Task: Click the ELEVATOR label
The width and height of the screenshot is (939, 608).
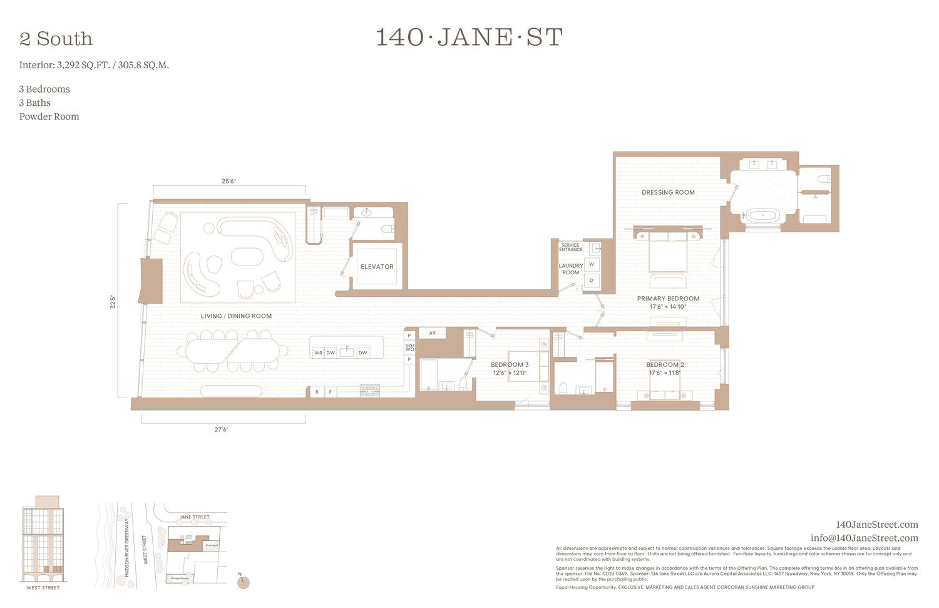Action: click(x=377, y=267)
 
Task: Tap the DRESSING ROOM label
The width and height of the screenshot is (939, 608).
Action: click(x=668, y=193)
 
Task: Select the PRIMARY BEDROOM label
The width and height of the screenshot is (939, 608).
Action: click(x=668, y=299)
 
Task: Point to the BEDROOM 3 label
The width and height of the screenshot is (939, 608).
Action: click(x=510, y=365)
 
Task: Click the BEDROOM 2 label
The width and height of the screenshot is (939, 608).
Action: click(x=665, y=365)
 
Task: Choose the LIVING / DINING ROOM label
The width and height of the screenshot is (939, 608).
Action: click(x=236, y=316)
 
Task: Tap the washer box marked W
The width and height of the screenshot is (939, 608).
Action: click(x=592, y=264)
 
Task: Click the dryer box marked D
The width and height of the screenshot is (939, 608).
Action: click(x=592, y=281)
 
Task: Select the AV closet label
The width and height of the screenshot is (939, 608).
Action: click(x=432, y=333)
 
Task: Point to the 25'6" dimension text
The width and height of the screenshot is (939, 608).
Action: click(x=228, y=182)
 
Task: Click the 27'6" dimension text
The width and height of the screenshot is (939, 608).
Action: click(x=221, y=430)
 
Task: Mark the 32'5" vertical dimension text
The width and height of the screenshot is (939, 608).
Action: click(x=113, y=301)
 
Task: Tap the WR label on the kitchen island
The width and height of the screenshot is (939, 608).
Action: click(x=318, y=353)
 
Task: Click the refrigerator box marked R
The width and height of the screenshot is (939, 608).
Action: click(x=317, y=392)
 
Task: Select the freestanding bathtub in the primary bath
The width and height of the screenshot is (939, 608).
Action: click(x=762, y=216)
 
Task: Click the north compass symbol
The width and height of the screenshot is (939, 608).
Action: click(x=244, y=582)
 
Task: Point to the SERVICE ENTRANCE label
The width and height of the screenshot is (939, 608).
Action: click(x=570, y=247)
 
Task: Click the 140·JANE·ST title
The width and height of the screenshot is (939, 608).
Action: click(x=469, y=38)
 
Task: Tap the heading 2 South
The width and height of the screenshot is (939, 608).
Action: click(x=56, y=39)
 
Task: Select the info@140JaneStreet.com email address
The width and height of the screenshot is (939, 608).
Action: click(x=864, y=538)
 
